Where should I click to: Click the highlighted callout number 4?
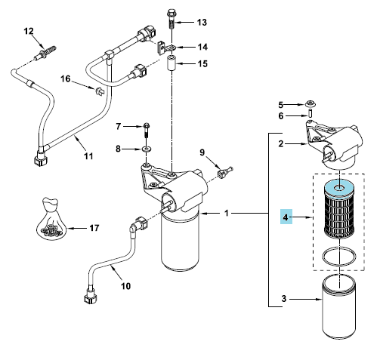click(x=286, y=217)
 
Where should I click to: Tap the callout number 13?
click(x=202, y=23)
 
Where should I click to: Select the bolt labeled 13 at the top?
click(x=171, y=19)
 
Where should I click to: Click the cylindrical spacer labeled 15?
click(x=171, y=64)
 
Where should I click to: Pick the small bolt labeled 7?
click(x=147, y=130)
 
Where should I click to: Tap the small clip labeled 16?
click(x=99, y=91)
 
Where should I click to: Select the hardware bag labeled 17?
click(x=51, y=218)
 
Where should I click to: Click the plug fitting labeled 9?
click(x=225, y=172)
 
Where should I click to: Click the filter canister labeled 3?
click(x=339, y=308)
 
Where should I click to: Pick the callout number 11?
click(x=88, y=156)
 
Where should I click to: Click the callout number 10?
click(x=125, y=286)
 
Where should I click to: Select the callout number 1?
click(x=227, y=214)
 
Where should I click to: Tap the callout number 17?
click(x=94, y=228)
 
